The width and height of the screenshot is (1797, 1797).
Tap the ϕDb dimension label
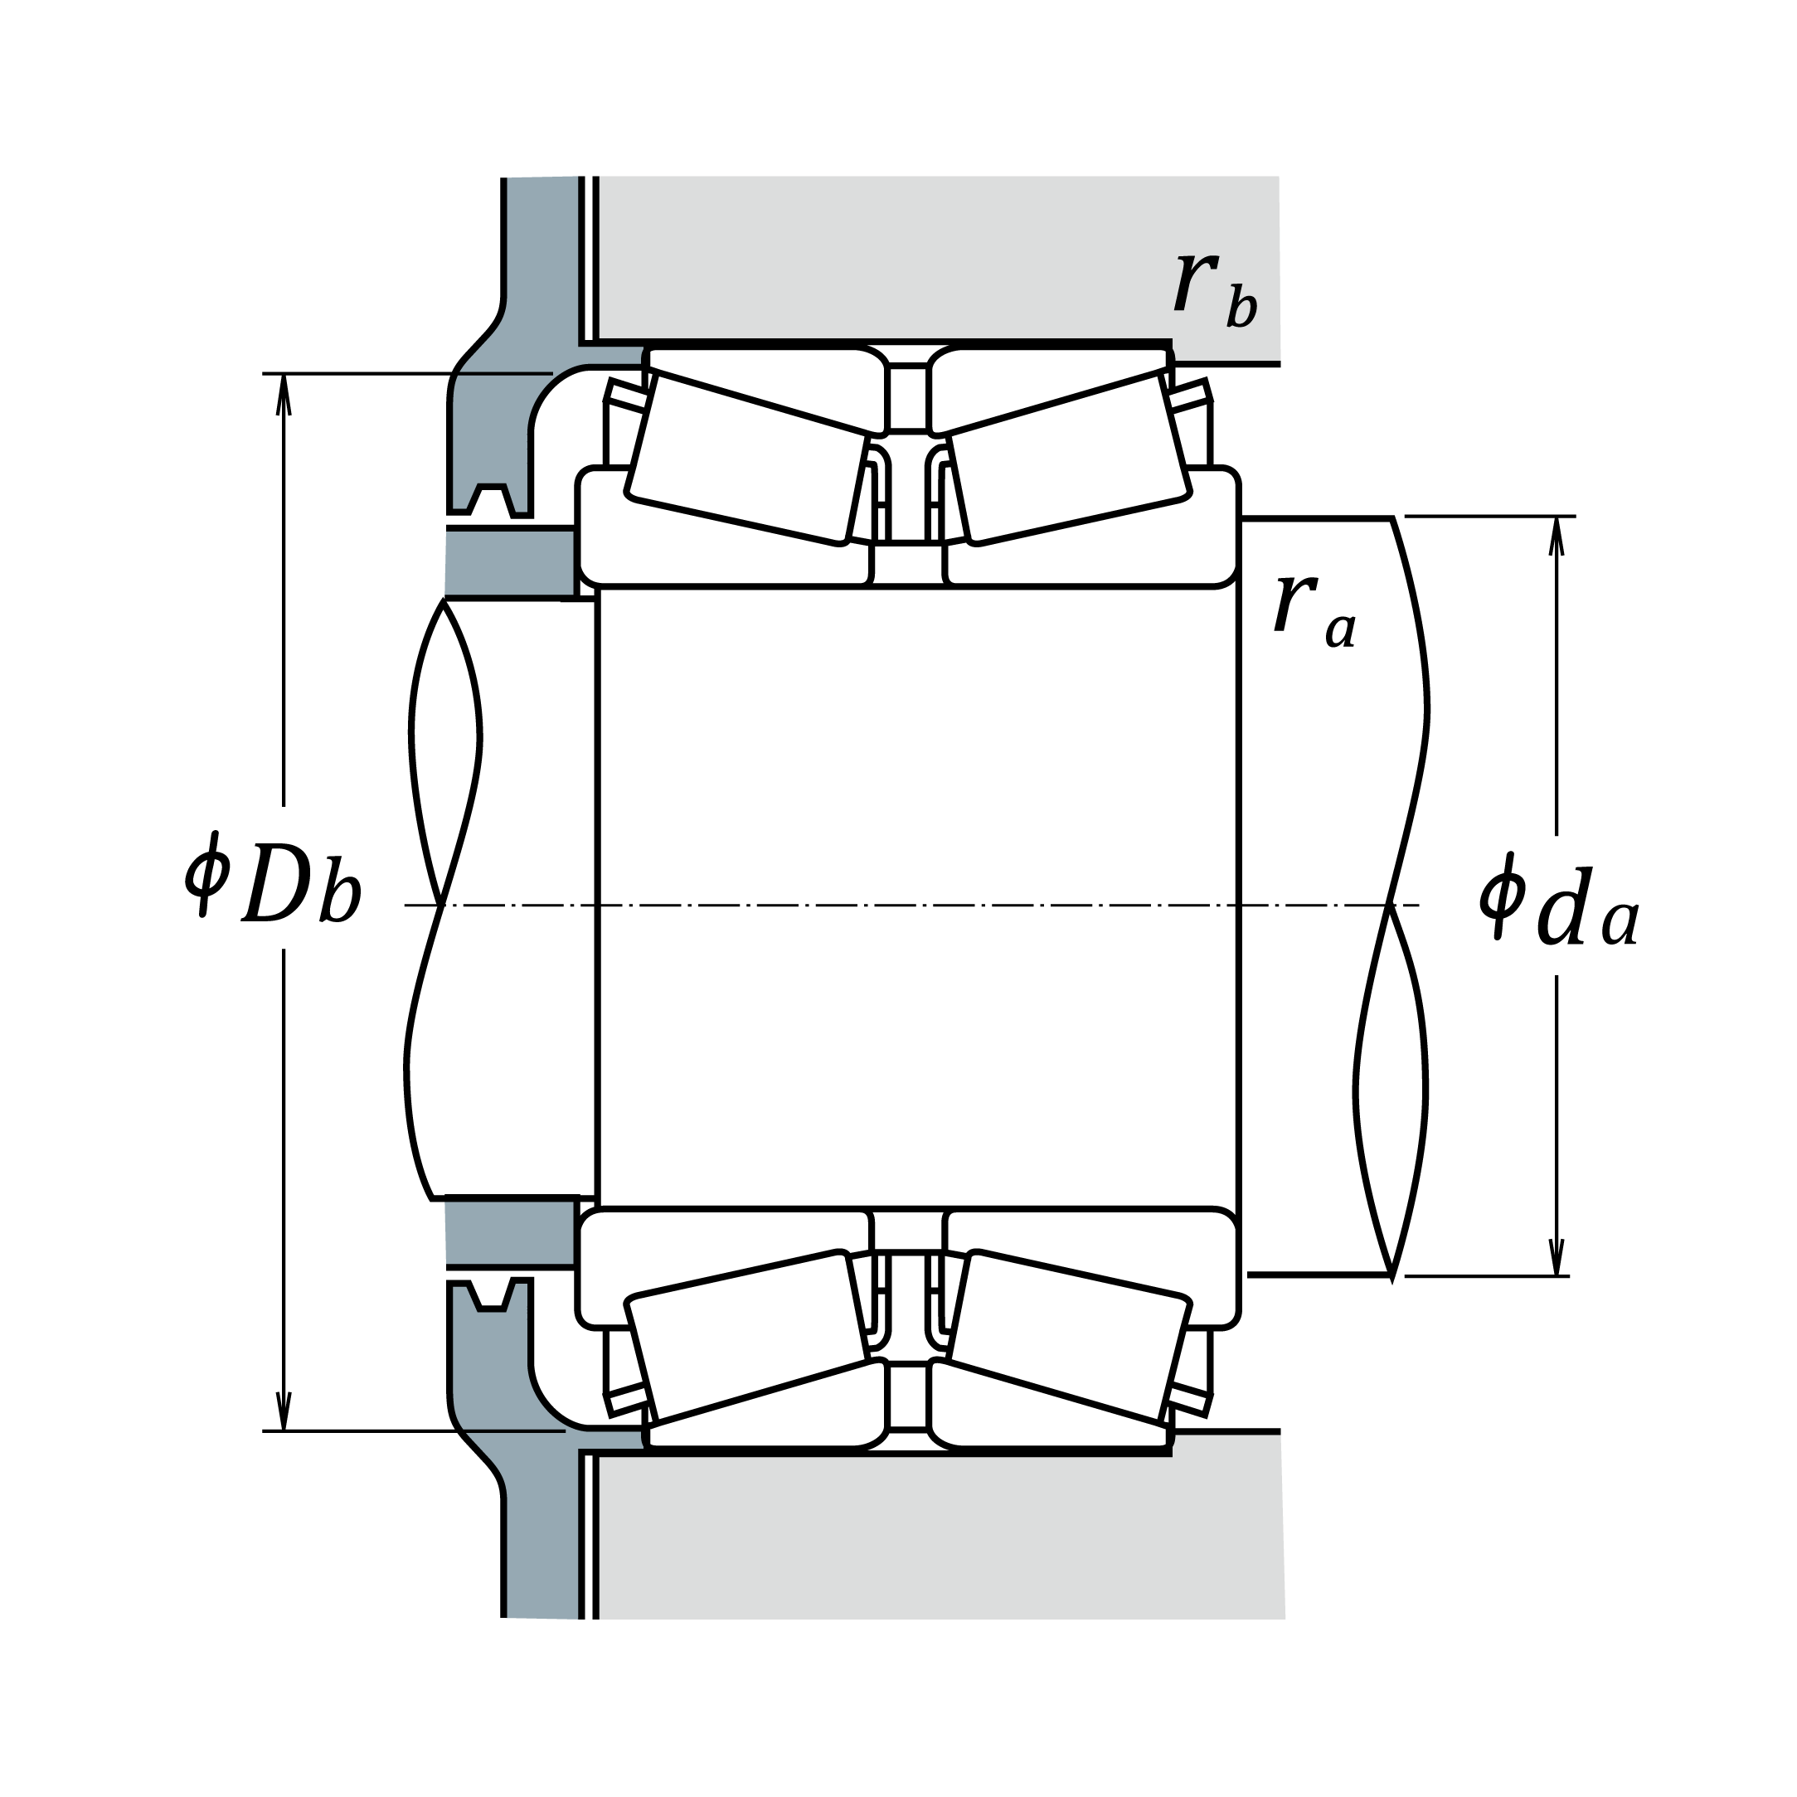[274, 878]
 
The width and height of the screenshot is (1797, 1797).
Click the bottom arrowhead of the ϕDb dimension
[284, 1409]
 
